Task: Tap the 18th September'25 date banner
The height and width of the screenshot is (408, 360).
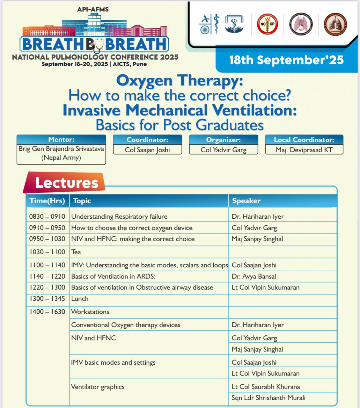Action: pyautogui.click(x=286, y=60)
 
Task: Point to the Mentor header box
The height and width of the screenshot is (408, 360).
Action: pyautogui.click(x=61, y=140)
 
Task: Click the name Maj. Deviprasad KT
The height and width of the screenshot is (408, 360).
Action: pyautogui.click(x=304, y=150)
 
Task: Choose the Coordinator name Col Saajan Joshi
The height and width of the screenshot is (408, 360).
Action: pyautogui.click(x=147, y=150)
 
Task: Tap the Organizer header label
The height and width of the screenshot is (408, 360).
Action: pyautogui.click(x=223, y=140)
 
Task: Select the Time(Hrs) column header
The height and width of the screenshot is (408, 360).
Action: pyautogui.click(x=47, y=201)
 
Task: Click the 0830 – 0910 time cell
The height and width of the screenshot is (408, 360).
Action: pyautogui.click(x=47, y=216)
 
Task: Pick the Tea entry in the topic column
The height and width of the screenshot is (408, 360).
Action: pyautogui.click(x=76, y=252)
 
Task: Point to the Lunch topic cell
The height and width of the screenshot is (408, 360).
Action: pyautogui.click(x=80, y=299)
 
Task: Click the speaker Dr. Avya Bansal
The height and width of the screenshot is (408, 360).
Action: pyautogui.click(x=254, y=276)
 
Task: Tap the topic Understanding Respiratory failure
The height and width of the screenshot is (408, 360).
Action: pyautogui.click(x=119, y=216)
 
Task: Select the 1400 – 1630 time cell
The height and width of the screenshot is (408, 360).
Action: pyautogui.click(x=47, y=312)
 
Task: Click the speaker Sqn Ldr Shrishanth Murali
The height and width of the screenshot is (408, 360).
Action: pyautogui.click(x=268, y=398)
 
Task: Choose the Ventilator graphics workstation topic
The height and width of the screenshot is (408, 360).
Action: pyautogui.click(x=98, y=387)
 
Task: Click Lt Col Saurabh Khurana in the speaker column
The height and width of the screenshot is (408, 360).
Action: pyautogui.click(x=266, y=387)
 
